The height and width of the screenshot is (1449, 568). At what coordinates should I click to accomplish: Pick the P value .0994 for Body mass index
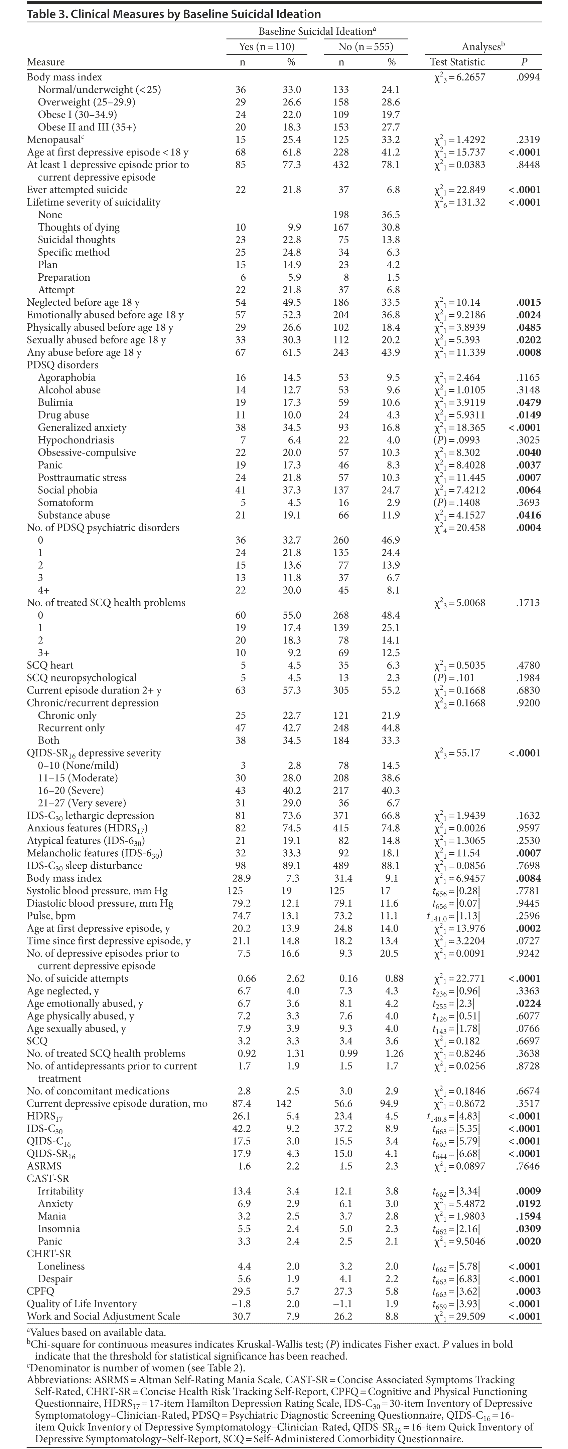click(x=528, y=77)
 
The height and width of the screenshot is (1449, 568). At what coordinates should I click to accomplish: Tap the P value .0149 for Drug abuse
click(x=528, y=415)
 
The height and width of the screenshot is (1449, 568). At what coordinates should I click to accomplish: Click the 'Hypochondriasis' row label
click(x=76, y=440)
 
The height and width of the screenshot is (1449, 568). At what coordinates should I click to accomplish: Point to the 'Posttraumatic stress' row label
click(x=82, y=478)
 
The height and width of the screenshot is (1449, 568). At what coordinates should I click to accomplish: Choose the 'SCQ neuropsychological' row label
click(x=82, y=678)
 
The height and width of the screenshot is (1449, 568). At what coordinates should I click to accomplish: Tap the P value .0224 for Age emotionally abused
click(x=528, y=1003)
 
